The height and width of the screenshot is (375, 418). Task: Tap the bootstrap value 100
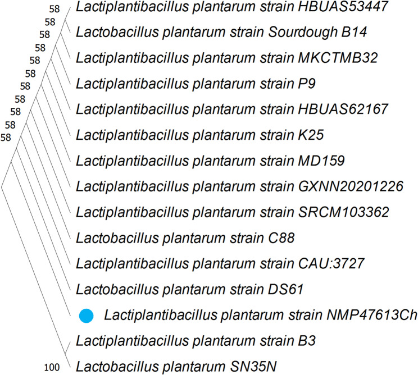click(52, 368)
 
